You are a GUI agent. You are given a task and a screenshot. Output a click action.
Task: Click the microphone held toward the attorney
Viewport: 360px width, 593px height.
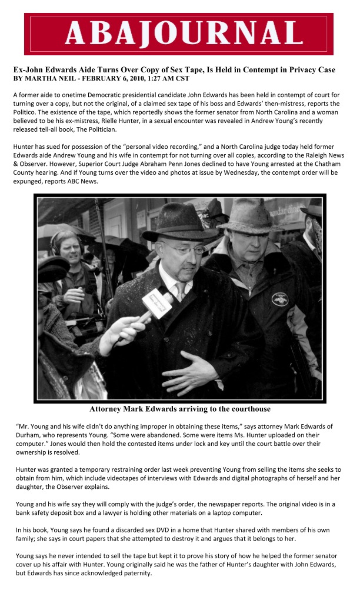click(x=156, y=305)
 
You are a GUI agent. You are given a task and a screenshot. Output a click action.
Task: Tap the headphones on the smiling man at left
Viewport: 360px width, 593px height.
click(x=56, y=241)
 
